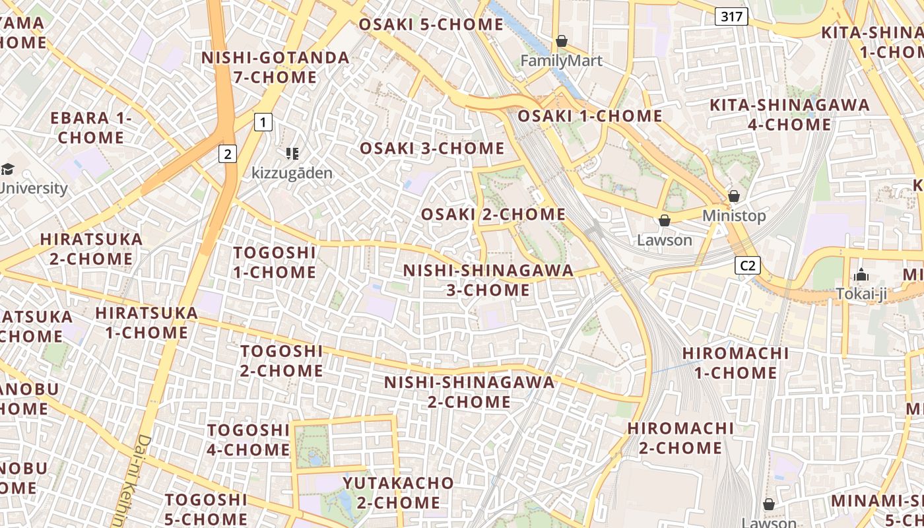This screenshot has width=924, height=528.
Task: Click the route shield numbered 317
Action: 732,16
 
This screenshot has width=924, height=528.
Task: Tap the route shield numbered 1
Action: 263,121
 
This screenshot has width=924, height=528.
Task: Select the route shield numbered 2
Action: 228,154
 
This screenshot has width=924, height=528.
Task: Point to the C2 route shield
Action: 747,265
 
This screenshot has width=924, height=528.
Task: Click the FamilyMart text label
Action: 561,61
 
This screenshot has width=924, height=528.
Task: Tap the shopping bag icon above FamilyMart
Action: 562,41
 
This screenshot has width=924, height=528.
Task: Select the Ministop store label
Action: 734,216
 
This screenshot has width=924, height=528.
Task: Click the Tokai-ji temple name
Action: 861,294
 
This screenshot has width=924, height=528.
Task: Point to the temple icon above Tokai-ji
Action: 861,275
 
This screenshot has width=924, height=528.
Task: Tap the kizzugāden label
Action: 292,174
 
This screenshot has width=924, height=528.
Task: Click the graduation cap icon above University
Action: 7,169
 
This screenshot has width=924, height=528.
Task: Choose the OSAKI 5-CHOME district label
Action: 431,24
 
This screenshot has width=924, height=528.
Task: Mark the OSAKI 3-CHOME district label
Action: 432,148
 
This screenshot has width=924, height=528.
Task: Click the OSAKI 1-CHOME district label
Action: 589,115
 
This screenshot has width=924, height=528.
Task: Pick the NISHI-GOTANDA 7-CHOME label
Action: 275,67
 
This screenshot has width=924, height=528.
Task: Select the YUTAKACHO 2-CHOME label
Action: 398,492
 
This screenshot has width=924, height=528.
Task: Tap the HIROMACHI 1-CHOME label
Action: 735,362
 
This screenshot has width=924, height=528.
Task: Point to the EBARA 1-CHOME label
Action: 91,127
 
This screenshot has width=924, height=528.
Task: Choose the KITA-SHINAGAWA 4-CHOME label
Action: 789,114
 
